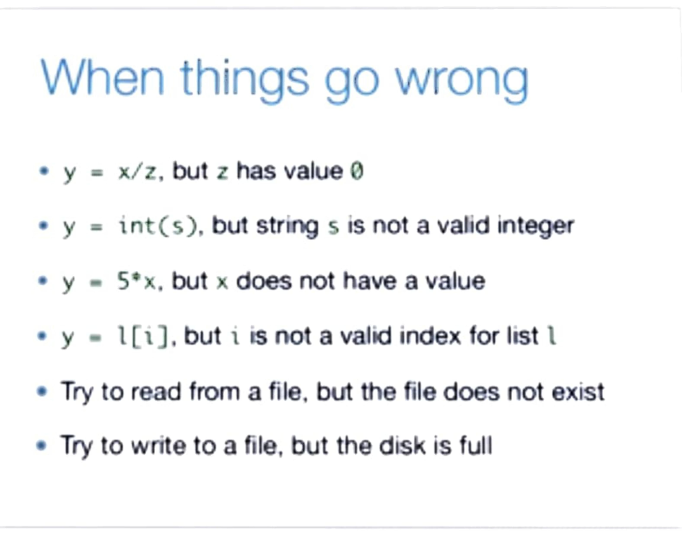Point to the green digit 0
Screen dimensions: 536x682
click(x=357, y=172)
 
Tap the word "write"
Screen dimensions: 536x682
click(x=157, y=446)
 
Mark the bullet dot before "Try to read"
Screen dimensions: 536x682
click(x=42, y=392)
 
